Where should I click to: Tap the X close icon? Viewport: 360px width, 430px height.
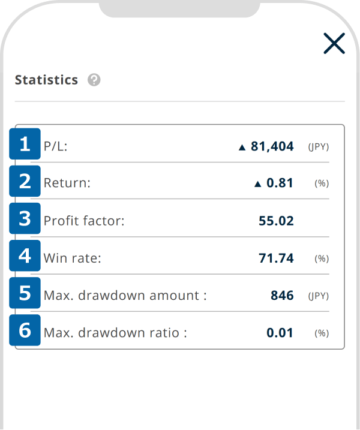click(x=334, y=43)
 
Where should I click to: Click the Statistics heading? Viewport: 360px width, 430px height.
click(x=46, y=80)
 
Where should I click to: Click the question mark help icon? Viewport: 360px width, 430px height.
click(x=94, y=80)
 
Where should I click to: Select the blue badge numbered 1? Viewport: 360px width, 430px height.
click(x=25, y=145)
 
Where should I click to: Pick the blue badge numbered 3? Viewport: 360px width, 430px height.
click(x=25, y=219)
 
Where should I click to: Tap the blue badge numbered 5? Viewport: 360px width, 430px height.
click(x=25, y=293)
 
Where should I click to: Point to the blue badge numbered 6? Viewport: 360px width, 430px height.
click(x=25, y=330)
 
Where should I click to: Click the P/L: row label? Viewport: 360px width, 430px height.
click(x=56, y=146)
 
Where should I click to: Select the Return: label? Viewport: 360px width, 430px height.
click(x=67, y=184)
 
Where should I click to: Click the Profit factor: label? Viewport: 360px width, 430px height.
click(x=84, y=221)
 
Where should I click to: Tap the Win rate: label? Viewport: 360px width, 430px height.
click(x=73, y=258)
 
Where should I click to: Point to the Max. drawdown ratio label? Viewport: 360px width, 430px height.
click(x=115, y=333)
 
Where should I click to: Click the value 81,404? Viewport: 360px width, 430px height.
click(x=272, y=146)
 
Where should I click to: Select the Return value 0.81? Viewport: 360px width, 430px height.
click(x=280, y=184)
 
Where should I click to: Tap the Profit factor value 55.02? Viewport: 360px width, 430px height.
click(x=276, y=221)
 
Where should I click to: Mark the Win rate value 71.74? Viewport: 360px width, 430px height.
click(x=276, y=258)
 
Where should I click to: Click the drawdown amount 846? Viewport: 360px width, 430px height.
click(x=282, y=296)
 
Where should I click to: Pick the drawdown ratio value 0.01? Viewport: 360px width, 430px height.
click(x=280, y=333)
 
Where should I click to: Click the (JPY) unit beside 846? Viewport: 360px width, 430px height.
click(x=319, y=296)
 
